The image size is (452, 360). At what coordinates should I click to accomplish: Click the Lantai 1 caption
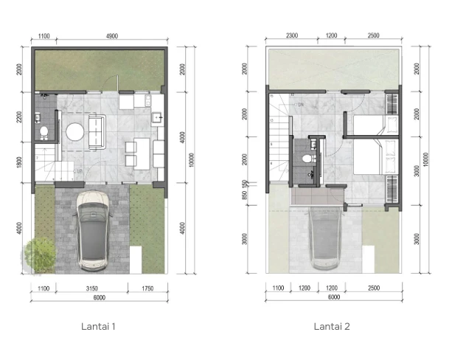point(100,325)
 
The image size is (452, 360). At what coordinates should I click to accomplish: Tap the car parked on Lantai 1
point(93,229)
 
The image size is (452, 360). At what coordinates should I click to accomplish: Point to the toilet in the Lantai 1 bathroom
point(44,132)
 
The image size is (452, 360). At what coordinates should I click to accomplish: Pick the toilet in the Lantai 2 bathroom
point(307,157)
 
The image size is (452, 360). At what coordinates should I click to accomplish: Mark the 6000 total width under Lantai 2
point(334,297)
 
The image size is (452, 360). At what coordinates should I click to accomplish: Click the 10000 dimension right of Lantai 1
point(191,160)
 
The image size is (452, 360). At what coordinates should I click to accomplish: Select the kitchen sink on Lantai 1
point(156,117)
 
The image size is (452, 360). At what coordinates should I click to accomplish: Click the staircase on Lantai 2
point(279,148)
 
